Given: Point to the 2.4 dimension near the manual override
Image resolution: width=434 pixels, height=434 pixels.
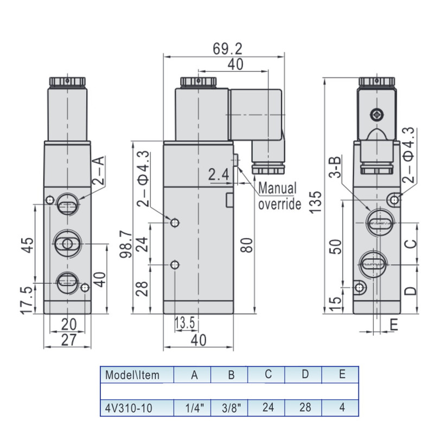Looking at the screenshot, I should coord(219,175).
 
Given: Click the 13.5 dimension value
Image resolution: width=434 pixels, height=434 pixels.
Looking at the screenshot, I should coord(184,323).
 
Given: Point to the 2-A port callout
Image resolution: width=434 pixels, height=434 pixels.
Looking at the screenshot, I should coord(97,169).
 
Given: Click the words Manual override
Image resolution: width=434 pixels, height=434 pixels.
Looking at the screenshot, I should coord(278,196).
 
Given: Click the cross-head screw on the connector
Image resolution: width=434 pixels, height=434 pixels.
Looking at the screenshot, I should coord(377,114).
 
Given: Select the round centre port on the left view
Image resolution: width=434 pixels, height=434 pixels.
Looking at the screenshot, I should coord(67,244).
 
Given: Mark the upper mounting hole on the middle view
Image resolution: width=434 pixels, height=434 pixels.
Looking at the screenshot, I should coord(175,223).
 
